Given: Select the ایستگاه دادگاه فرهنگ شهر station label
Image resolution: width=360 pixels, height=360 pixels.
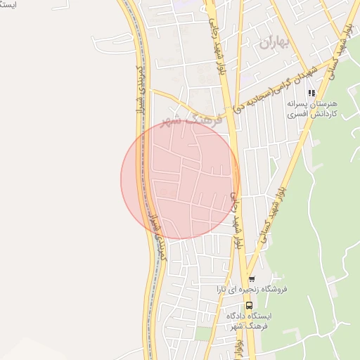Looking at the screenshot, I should [x=249, y=321].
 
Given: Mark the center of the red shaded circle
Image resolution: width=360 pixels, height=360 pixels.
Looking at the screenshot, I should [x=180, y=180].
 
